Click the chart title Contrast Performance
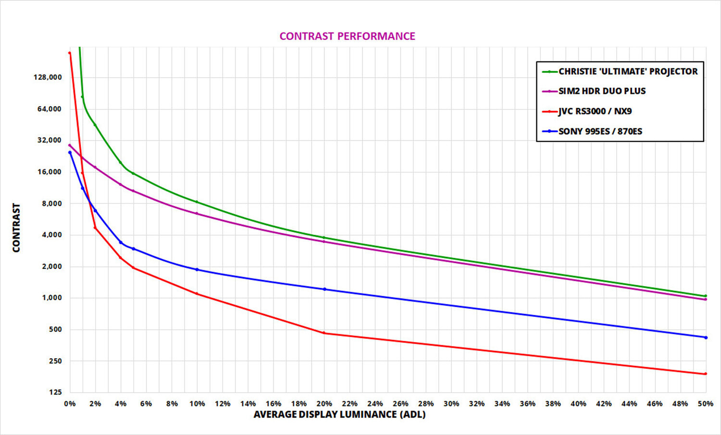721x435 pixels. click(x=347, y=36)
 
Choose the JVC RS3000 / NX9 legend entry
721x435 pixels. click(x=595, y=111)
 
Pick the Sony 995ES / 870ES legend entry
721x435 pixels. click(x=600, y=132)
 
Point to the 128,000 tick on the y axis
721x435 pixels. click(x=48, y=77)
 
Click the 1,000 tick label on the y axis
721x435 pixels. click(x=52, y=298)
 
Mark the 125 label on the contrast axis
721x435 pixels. click(x=55, y=392)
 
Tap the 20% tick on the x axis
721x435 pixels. click(x=324, y=404)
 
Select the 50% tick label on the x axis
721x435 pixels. click(x=705, y=404)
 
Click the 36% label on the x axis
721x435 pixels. click(x=527, y=404)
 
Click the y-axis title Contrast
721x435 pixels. click(x=16, y=228)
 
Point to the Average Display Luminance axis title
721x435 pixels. click(x=339, y=414)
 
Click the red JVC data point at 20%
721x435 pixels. click(x=324, y=333)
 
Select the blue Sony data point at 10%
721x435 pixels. click(x=197, y=269)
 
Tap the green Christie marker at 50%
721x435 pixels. click(x=705, y=296)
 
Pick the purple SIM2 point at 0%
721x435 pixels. click(x=70, y=145)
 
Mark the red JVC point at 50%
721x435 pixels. click(x=705, y=374)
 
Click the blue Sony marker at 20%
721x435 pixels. click(x=324, y=289)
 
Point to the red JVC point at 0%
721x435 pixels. click(x=70, y=53)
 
